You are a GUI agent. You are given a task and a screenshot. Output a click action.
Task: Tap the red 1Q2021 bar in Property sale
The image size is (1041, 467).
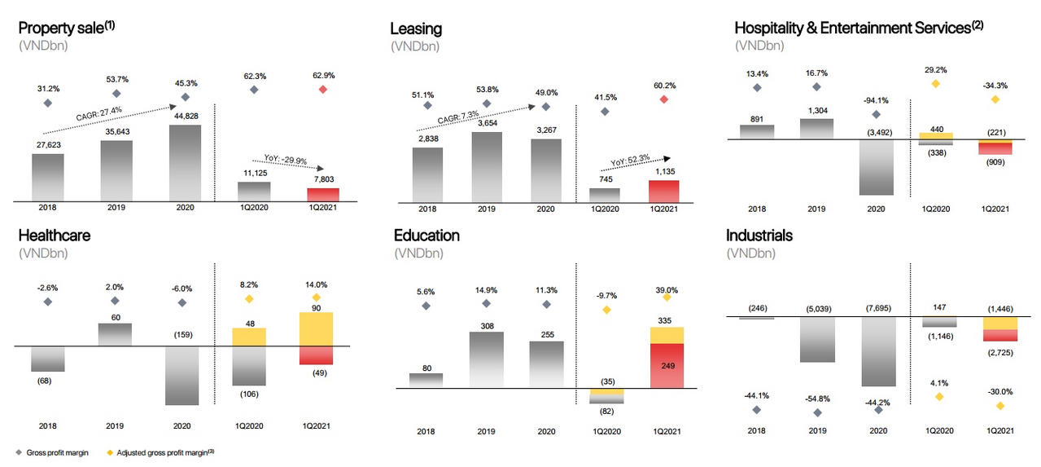tap(322, 194)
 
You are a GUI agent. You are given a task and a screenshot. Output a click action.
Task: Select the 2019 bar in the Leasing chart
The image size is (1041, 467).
tap(487, 165)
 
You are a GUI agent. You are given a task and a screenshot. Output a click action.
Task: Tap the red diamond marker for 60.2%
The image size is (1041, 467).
tap(663, 99)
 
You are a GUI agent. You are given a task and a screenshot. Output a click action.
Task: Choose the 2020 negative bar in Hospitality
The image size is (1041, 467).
tap(876, 167)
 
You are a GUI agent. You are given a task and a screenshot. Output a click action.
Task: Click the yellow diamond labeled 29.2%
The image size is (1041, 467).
tap(935, 83)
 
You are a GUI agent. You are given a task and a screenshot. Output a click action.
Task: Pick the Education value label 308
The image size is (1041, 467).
tap(487, 326)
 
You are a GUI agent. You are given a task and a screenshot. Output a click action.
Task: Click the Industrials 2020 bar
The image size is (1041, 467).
tap(878, 350)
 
